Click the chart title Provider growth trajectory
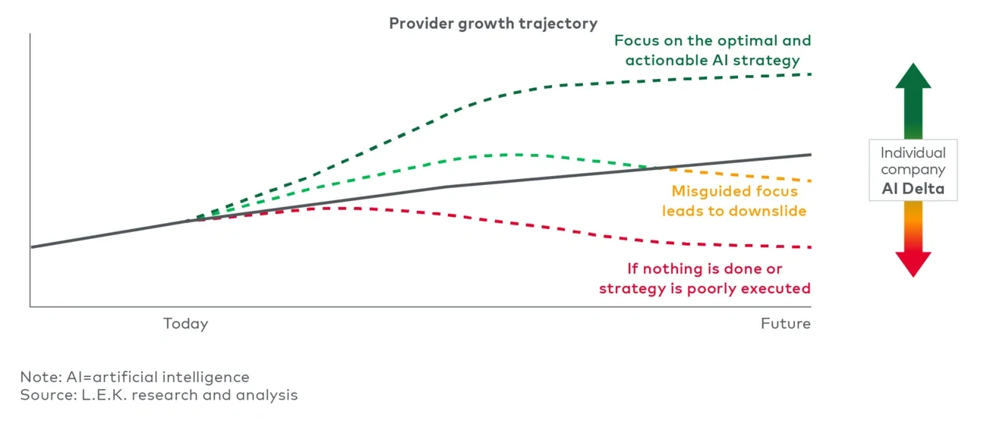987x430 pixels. [493, 24]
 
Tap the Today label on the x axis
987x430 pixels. [185, 324]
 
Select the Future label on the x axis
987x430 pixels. [786, 324]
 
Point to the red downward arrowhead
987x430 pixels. [913, 263]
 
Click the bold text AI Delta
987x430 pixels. [913, 189]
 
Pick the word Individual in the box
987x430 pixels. [913, 153]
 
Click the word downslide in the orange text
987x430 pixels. [768, 211]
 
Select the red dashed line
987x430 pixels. [531, 225]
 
